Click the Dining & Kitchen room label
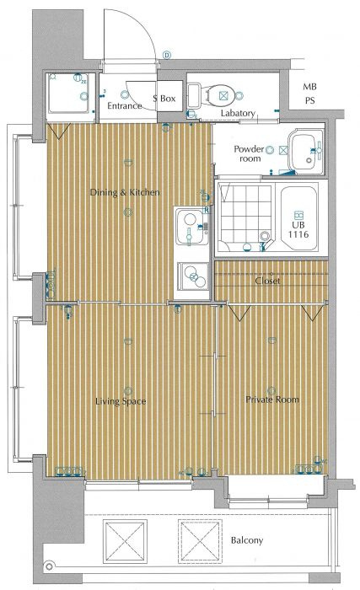click(x=125, y=192)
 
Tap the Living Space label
click(x=121, y=401)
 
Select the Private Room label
click(x=272, y=400)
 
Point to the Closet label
click(x=267, y=281)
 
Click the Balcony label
click(x=247, y=541)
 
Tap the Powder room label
click(x=249, y=153)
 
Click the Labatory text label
click(x=238, y=113)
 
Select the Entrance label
click(x=124, y=105)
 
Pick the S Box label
click(x=164, y=99)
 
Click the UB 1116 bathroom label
click(x=298, y=230)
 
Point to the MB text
click(x=309, y=87)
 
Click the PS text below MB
click(x=309, y=101)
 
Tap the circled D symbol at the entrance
click(x=167, y=56)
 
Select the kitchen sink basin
click(x=191, y=228)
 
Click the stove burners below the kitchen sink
click(x=194, y=277)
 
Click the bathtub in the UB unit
click(x=298, y=217)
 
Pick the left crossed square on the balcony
click(x=125, y=542)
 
